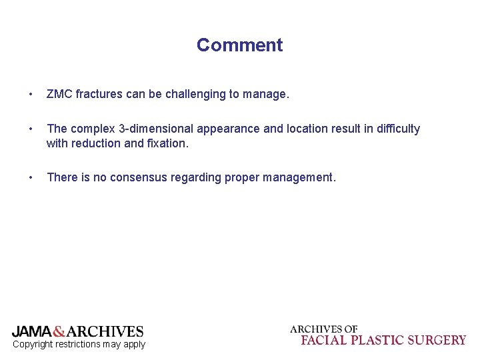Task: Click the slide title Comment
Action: (239, 45)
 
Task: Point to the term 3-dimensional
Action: (160, 129)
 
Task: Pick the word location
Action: (308, 129)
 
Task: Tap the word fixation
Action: (167, 143)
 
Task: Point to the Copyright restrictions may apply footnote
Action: (79, 345)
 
